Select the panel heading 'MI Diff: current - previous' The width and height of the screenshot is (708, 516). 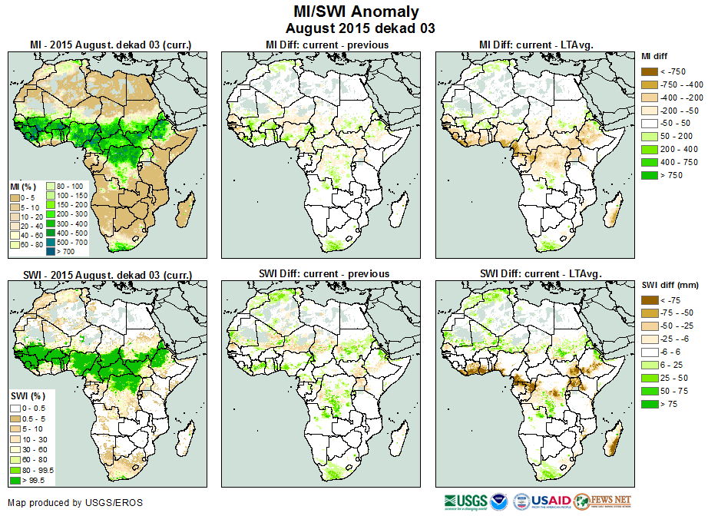pos(326,45)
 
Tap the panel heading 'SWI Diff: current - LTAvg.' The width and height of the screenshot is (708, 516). pos(540,273)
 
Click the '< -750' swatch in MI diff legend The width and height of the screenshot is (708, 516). pos(650,71)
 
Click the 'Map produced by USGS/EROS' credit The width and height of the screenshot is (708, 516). pos(75,503)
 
